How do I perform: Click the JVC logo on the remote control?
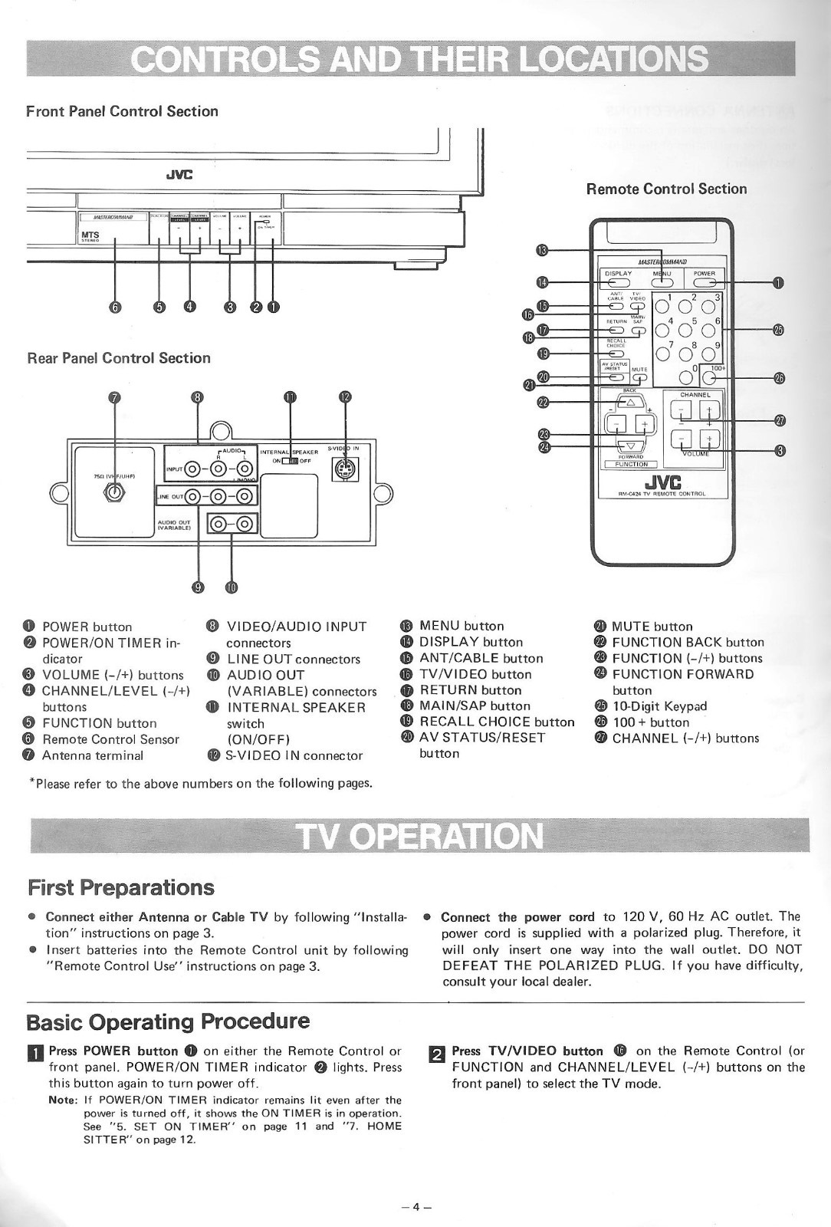pyautogui.click(x=659, y=482)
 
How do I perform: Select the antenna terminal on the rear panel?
pyautogui.click(x=115, y=493)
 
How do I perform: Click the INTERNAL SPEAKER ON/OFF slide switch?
pyautogui.click(x=290, y=461)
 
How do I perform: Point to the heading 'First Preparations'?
pyautogui.click(x=121, y=887)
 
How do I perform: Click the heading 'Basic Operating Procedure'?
pyautogui.click(x=169, y=1021)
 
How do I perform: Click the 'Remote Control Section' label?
pyautogui.click(x=666, y=189)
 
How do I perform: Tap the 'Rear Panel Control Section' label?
pyautogui.click(x=119, y=358)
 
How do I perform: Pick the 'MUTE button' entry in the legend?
pyautogui.click(x=652, y=627)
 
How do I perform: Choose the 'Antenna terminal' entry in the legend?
pyautogui.click(x=93, y=755)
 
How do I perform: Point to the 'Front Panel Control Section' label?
pyautogui.click(x=123, y=111)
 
